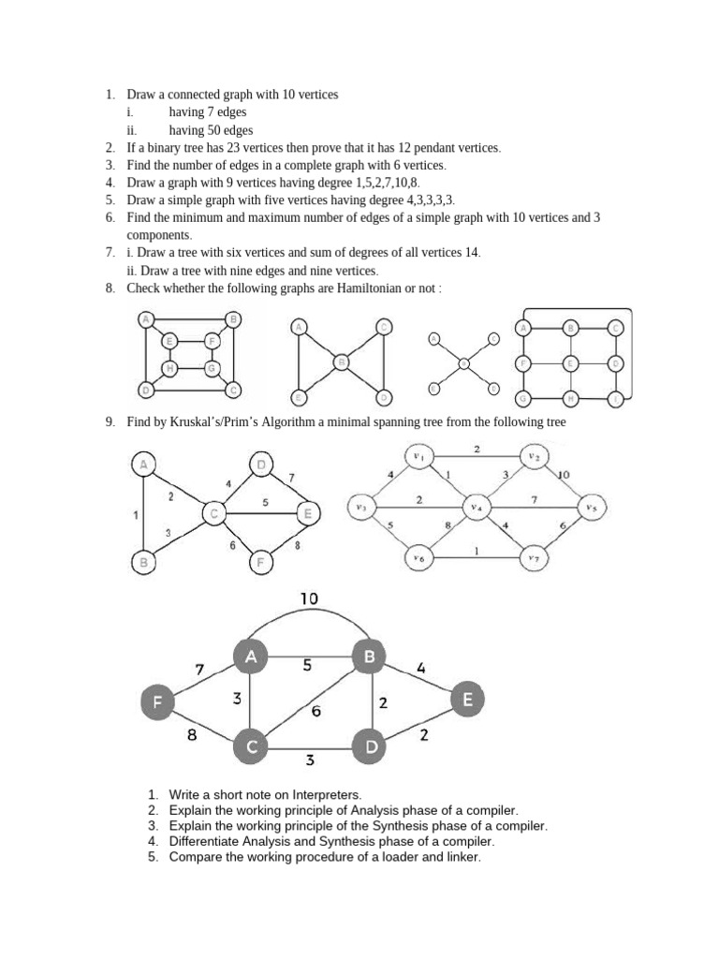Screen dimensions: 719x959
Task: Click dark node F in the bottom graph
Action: [x=156, y=701]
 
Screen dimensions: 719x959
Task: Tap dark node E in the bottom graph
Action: [x=468, y=699]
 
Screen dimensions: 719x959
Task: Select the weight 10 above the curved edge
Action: [x=311, y=598]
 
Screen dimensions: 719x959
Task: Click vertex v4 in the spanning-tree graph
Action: [x=477, y=507]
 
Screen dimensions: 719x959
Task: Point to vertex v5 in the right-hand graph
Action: [x=591, y=507]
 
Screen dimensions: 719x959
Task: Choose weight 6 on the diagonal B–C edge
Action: [x=315, y=712]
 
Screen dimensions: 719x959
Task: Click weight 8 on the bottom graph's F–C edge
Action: [x=192, y=736]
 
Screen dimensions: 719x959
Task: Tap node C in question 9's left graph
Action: [x=213, y=512]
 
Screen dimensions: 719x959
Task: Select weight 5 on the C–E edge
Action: [x=265, y=502]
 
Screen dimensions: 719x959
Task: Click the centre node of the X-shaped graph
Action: [x=463, y=363]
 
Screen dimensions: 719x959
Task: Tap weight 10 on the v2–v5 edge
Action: [x=564, y=475]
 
